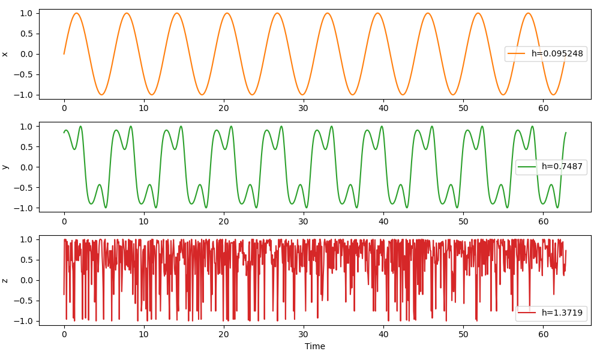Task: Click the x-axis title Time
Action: (x=315, y=346)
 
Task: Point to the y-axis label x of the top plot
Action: (x=5, y=54)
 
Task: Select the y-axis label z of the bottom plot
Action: (x=5, y=280)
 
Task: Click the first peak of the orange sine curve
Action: (x=77, y=13)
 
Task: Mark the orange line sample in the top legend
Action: (x=517, y=53)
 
